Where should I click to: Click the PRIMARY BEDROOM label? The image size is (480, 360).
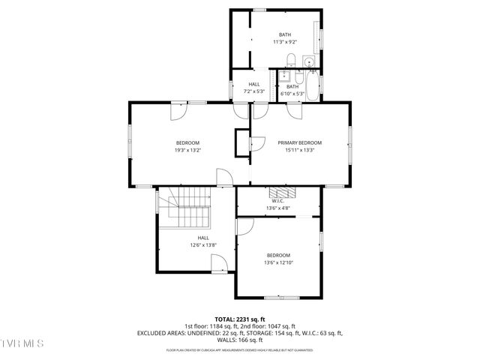[x=299, y=142]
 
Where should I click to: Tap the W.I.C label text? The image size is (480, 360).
[x=277, y=200]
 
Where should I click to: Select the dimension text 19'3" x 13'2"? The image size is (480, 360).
[x=187, y=150]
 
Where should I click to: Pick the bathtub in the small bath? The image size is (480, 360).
[x=311, y=85]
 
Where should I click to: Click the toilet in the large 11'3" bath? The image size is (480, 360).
[x=308, y=61]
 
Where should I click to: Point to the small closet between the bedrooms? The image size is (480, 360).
[x=242, y=142]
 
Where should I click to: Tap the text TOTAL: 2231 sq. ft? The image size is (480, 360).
[x=240, y=319]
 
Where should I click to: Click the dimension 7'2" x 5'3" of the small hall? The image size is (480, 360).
[x=254, y=91]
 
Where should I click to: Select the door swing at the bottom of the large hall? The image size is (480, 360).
[x=219, y=262]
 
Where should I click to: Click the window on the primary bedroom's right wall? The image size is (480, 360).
[x=349, y=142]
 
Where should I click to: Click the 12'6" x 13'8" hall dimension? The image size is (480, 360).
[x=203, y=244]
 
